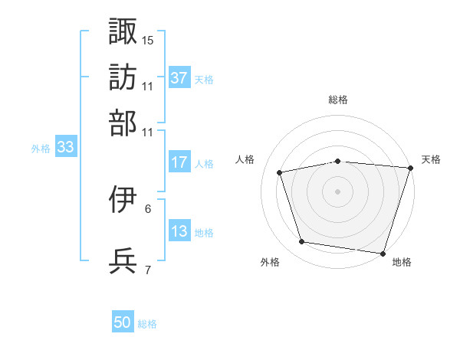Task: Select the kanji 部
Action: pyautogui.click(x=123, y=123)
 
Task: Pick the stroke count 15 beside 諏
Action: pyautogui.click(x=148, y=40)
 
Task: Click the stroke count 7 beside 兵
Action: pyautogui.click(x=148, y=270)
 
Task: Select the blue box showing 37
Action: pyautogui.click(x=179, y=78)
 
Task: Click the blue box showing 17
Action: pyautogui.click(x=179, y=162)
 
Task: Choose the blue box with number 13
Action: pyautogui.click(x=179, y=231)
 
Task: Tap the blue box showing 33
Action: pyautogui.click(x=64, y=148)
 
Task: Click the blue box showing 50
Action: pyautogui.click(x=123, y=322)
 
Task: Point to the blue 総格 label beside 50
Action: pyautogui.click(x=147, y=324)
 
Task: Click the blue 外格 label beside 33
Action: pyautogui.click(x=41, y=149)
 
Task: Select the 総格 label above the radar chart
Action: pyautogui.click(x=338, y=100)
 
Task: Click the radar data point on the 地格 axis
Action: pyautogui.click(x=383, y=253)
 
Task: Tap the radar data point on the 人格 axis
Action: pyautogui.click(x=280, y=172)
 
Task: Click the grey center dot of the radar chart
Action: pyautogui.click(x=338, y=191)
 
